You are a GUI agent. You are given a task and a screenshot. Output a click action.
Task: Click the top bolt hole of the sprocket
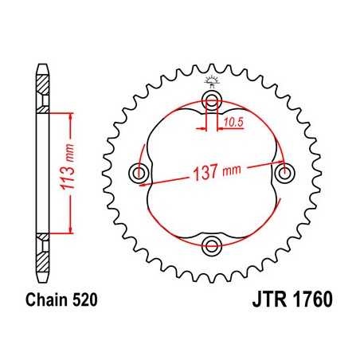coord(212,100)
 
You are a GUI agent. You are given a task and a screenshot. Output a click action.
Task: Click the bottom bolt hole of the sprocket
coord(212,244)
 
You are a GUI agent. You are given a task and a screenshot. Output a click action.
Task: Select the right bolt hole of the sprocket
coord(284,172)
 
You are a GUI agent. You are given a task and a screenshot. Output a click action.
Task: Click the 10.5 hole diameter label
coord(233,122)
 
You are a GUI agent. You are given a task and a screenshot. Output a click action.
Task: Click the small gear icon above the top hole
coord(212,80)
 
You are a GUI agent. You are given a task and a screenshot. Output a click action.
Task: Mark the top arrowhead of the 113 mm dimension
coord(72,116)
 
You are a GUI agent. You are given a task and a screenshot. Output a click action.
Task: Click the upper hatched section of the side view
coord(42,93)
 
